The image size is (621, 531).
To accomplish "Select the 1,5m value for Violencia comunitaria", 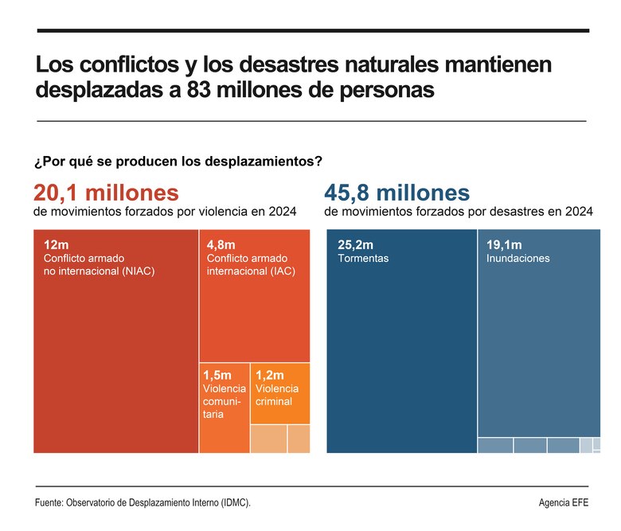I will pyautogui.click(x=217, y=374).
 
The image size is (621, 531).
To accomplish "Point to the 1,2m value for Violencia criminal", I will pyautogui.click(x=270, y=374).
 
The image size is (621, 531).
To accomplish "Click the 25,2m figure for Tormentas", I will pyautogui.click(x=356, y=244).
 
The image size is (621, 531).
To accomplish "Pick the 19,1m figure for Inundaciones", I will pyautogui.click(x=504, y=244).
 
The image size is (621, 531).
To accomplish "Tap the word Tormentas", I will pyautogui.click(x=363, y=259).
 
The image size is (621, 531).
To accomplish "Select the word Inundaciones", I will pyautogui.click(x=517, y=259).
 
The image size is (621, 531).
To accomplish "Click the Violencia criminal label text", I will pyautogui.click(x=274, y=395).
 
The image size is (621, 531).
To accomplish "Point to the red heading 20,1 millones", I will pyautogui.click(x=106, y=193).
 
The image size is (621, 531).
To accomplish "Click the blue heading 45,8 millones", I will pyautogui.click(x=396, y=193).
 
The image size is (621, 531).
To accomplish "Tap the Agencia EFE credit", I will pyautogui.click(x=564, y=503).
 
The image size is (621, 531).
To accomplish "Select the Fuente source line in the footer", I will pyautogui.click(x=147, y=503).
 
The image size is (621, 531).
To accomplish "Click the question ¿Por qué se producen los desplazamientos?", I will pyautogui.click(x=178, y=161).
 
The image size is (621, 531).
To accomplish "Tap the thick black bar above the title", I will pyautogui.click(x=311, y=31).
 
